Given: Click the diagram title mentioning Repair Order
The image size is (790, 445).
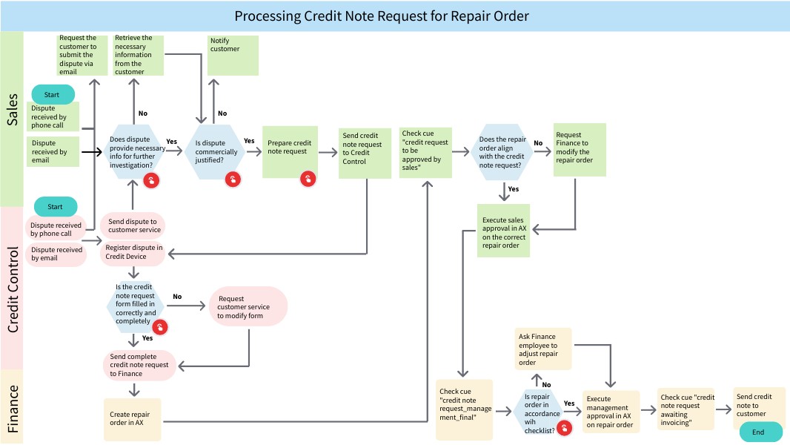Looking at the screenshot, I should tap(382, 16).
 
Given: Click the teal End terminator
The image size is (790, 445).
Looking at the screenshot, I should tap(757, 432).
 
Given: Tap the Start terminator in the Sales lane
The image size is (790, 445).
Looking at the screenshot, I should tap(52, 94).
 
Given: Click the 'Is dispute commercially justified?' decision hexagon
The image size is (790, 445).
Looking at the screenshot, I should tap(216, 152).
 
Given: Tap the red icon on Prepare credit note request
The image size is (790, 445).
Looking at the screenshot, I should tap(308, 179).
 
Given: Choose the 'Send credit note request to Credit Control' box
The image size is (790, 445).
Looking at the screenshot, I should tap(365, 151).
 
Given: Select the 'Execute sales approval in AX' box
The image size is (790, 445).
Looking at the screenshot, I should tap(504, 231).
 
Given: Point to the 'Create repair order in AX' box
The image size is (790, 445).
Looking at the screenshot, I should tap(132, 418).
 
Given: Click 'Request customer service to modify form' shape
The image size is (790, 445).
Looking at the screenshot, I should tap(248, 306).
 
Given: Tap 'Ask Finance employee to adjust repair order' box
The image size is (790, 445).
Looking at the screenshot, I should tap(544, 349).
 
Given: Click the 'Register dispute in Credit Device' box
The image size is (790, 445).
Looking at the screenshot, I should tap(133, 252).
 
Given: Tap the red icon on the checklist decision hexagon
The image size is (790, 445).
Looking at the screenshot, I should tap(564, 428).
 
